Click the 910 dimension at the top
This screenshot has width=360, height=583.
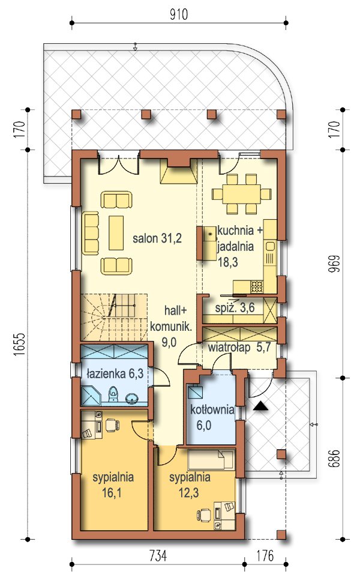click(x=179, y=14)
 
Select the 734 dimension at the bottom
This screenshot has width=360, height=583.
click(x=158, y=556)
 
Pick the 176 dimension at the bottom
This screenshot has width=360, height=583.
click(x=265, y=556)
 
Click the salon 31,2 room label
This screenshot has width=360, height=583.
click(x=157, y=238)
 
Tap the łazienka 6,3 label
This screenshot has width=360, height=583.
click(x=115, y=373)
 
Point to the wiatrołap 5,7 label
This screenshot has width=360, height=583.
click(x=239, y=348)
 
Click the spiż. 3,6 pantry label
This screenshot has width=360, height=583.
click(x=235, y=308)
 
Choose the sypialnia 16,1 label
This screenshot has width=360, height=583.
click(x=113, y=485)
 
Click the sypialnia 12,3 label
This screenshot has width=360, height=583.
click(x=190, y=485)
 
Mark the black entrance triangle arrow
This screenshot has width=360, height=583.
click(x=261, y=406)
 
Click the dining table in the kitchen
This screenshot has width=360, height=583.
click(x=241, y=195)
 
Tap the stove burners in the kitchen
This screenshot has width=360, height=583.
click(x=257, y=286)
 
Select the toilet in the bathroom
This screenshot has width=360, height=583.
click(x=113, y=395)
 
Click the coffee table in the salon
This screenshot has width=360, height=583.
click(x=116, y=233)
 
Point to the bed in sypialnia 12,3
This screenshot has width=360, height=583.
click(x=211, y=460)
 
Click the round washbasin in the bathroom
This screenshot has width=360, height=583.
click(x=132, y=399)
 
